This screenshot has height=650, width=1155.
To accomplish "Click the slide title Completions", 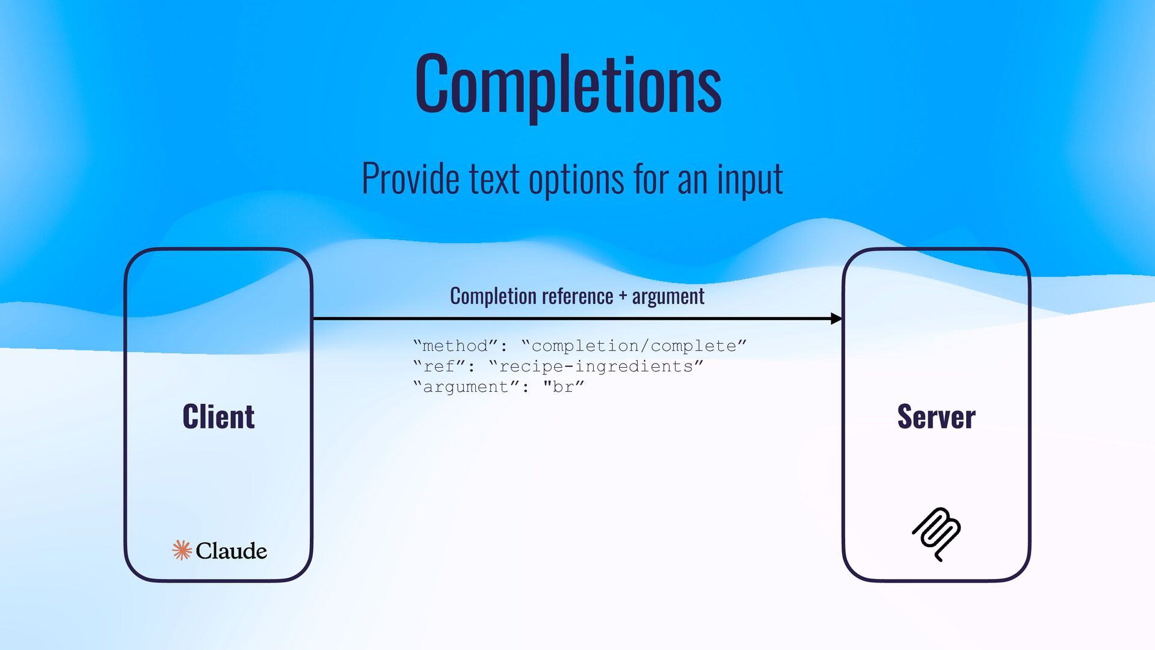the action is (x=568, y=84).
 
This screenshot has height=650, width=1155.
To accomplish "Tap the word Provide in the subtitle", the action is (x=410, y=179).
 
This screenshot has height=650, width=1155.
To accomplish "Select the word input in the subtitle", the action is (x=750, y=179).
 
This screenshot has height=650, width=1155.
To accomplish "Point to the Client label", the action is (x=218, y=416).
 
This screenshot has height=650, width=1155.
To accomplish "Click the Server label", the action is (x=936, y=416).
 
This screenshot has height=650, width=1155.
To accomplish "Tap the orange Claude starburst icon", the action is (x=182, y=550).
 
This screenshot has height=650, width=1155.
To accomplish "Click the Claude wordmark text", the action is (x=231, y=551).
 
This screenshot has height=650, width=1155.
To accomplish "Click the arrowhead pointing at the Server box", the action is (x=836, y=318).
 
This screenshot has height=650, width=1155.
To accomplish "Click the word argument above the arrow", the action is (x=668, y=296).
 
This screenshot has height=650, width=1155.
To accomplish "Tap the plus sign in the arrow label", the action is (x=623, y=296).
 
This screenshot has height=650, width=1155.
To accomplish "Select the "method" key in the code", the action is (x=455, y=346).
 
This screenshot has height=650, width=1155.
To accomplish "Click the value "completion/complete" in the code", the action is (x=634, y=346).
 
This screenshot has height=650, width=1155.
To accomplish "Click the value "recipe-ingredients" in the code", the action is (x=596, y=367).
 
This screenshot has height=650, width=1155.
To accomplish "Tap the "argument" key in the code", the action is (x=466, y=387).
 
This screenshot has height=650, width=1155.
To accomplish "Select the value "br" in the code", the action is (x=563, y=387).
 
